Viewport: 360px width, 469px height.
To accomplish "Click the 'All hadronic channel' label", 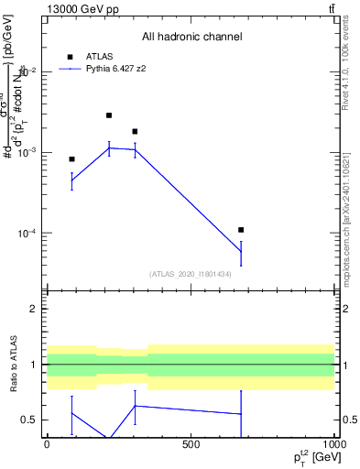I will point(191,37).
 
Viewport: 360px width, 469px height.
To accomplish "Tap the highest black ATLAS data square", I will point(109,115).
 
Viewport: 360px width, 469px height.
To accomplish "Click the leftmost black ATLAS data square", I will point(71,159).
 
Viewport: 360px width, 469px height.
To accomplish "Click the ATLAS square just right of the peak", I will point(135,132).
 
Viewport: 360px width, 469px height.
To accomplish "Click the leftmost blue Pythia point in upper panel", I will point(71,181).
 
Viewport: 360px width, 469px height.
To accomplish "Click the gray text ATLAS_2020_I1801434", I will point(191,274).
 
